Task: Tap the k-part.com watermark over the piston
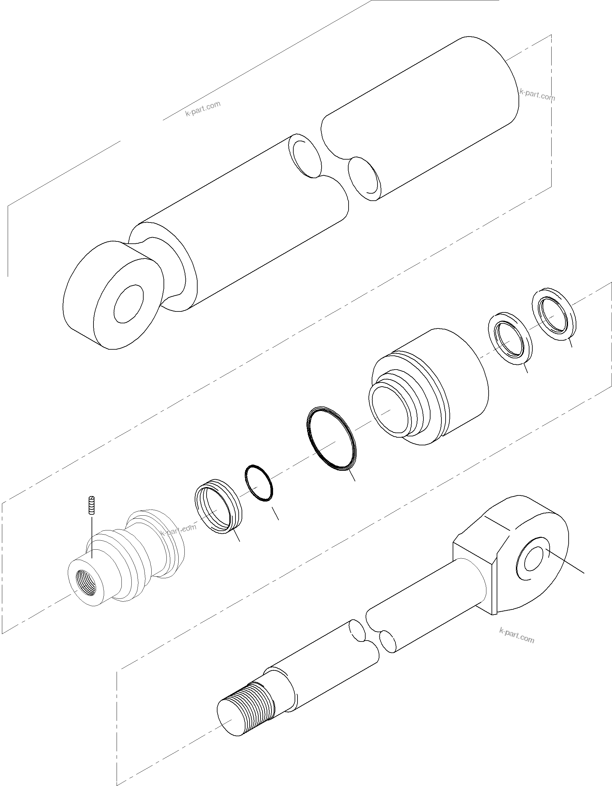tap(179, 529)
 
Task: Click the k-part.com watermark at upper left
tap(203, 108)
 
